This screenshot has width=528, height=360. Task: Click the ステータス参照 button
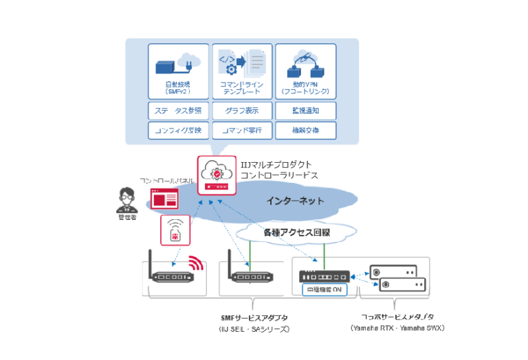178,111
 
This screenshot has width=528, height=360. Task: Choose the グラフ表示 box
241,111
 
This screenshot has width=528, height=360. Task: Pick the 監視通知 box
305,111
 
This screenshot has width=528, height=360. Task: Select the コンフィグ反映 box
178,131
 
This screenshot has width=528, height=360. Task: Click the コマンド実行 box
241,131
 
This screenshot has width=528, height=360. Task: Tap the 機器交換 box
305,131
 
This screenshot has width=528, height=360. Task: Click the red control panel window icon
164,199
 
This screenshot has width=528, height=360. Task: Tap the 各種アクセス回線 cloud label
296,233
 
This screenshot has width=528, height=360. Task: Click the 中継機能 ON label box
327,289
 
